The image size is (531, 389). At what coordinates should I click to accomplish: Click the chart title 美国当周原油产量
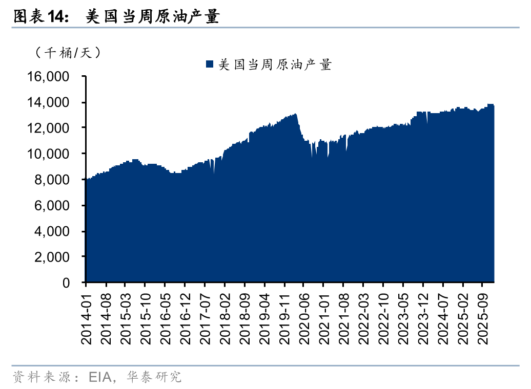pyautogui.click(x=152, y=17)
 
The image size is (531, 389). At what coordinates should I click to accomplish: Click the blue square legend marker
pyautogui.click(x=209, y=64)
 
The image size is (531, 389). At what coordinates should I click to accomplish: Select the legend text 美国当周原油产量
pyautogui.click(x=275, y=64)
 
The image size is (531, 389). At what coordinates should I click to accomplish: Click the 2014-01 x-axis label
pyautogui.click(x=86, y=315)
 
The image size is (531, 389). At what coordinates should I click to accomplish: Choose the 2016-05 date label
pyautogui.click(x=165, y=315)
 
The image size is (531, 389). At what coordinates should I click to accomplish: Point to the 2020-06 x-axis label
pyautogui.click(x=304, y=315)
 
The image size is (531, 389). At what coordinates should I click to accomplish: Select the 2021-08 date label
pyautogui.click(x=343, y=315)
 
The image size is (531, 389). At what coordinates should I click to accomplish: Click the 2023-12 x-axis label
pyautogui.click(x=423, y=315)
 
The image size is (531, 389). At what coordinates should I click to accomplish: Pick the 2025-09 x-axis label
pyautogui.click(x=482, y=315)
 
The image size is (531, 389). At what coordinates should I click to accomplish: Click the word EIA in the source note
pyautogui.click(x=100, y=378)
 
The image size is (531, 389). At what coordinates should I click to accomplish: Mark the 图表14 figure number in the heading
pyautogui.click(x=40, y=17)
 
